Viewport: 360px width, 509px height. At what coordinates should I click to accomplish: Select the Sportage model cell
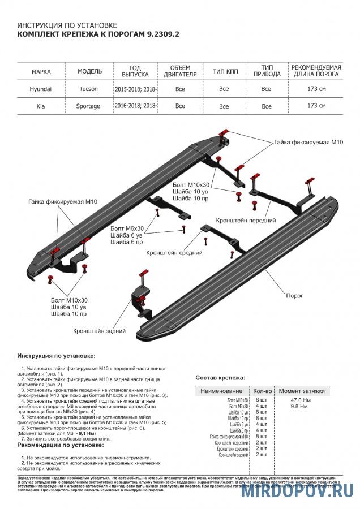(88, 106)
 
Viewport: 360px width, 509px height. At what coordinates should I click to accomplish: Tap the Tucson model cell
(88, 89)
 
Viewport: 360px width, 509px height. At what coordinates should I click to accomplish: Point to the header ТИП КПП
(224, 71)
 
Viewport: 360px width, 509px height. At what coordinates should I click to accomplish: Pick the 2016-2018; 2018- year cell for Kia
(136, 106)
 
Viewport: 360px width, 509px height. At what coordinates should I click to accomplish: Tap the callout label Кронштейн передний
(246, 219)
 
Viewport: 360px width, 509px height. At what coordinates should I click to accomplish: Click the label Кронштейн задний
(99, 331)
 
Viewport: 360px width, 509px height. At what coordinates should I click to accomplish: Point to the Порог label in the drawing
(294, 296)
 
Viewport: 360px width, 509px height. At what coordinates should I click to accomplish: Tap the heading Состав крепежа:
(220, 377)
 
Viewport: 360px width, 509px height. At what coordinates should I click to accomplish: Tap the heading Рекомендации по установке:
(61, 445)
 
